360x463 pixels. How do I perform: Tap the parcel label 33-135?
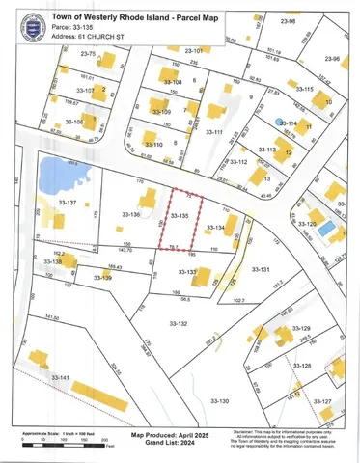tap(179, 217)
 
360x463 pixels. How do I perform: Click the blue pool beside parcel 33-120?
tap(327, 228)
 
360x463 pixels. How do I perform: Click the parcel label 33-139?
tap(103, 278)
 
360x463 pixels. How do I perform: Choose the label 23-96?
tap(333, 58)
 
